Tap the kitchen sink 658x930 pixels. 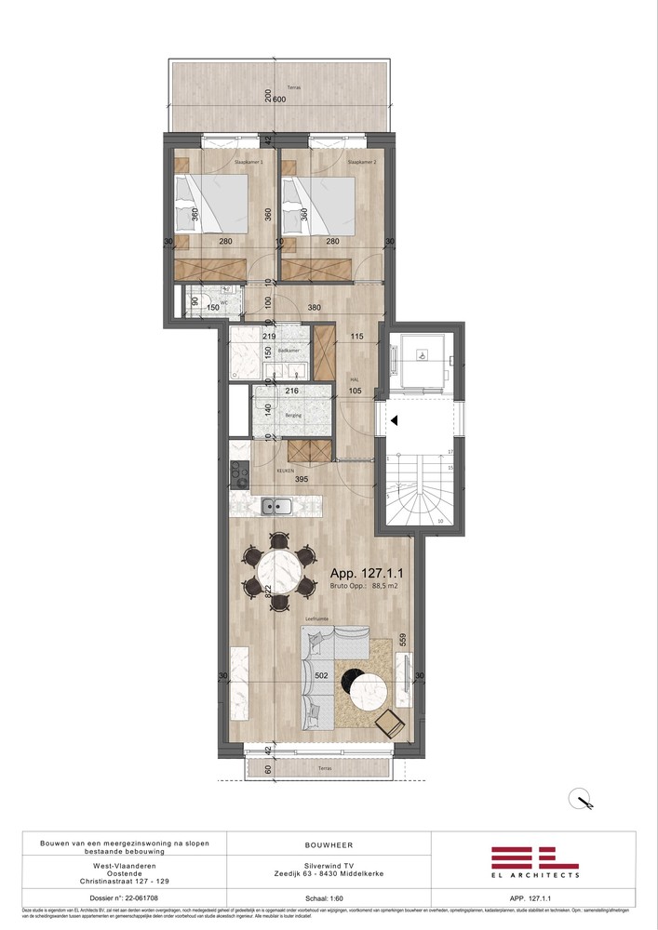(275, 507)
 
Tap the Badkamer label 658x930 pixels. (288, 351)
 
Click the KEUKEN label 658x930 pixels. (285, 471)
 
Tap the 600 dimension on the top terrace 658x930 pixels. (280, 100)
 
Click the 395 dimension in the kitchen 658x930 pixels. (302, 479)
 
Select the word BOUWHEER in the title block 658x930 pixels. (329, 844)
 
